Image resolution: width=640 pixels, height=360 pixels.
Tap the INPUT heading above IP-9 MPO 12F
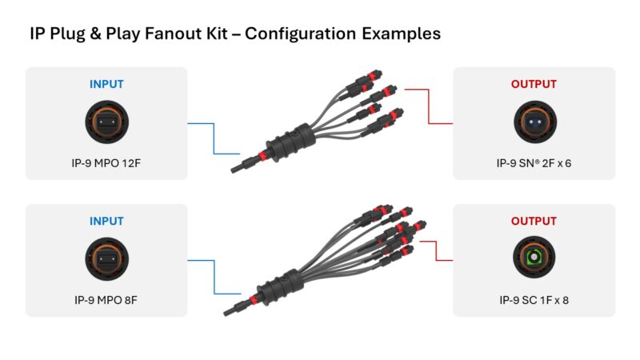(x=106, y=84)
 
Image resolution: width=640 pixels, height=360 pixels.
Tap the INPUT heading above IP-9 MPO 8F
(x=106, y=220)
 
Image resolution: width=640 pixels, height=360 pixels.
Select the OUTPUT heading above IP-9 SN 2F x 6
(x=534, y=84)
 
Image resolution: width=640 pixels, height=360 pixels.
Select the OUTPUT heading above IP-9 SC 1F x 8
(x=534, y=220)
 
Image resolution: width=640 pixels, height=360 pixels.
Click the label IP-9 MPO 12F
(x=106, y=164)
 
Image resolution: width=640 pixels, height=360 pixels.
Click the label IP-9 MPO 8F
(x=106, y=302)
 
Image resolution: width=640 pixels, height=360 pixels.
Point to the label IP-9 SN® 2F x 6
(x=534, y=164)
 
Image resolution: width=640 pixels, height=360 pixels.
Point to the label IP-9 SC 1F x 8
(x=534, y=302)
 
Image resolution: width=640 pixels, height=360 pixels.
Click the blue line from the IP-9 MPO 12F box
(x=214, y=138)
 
